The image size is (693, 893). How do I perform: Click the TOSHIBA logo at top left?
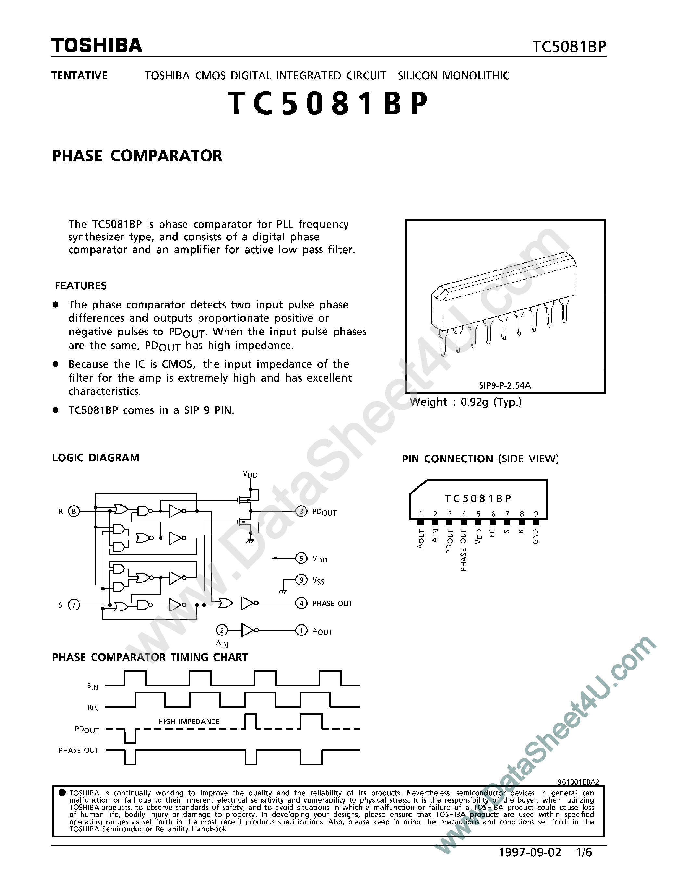tap(96, 45)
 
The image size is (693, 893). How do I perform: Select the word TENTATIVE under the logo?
tap(79, 76)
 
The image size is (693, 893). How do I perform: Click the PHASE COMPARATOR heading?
tap(137, 156)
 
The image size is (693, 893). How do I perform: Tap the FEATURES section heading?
tap(81, 285)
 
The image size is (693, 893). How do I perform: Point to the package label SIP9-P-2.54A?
tap(505, 385)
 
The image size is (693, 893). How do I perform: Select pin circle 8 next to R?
tap(74, 511)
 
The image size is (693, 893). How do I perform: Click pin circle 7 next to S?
tap(74, 605)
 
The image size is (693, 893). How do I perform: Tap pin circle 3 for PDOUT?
tap(301, 511)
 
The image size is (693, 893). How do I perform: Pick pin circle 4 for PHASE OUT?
tap(301, 603)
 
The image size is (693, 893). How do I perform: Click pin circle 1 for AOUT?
tap(301, 631)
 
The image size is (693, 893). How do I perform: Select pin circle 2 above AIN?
tap(222, 631)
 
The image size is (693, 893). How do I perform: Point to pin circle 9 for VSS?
tap(301, 580)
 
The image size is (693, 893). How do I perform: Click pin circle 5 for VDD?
tap(301, 558)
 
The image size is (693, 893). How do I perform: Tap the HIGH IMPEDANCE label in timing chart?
tap(188, 722)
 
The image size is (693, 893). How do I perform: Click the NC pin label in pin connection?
tap(493, 533)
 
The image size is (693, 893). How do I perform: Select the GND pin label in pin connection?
tap(536, 536)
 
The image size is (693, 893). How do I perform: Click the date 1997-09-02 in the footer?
tap(530, 852)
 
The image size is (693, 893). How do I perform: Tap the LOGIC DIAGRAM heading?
tap(96, 458)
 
